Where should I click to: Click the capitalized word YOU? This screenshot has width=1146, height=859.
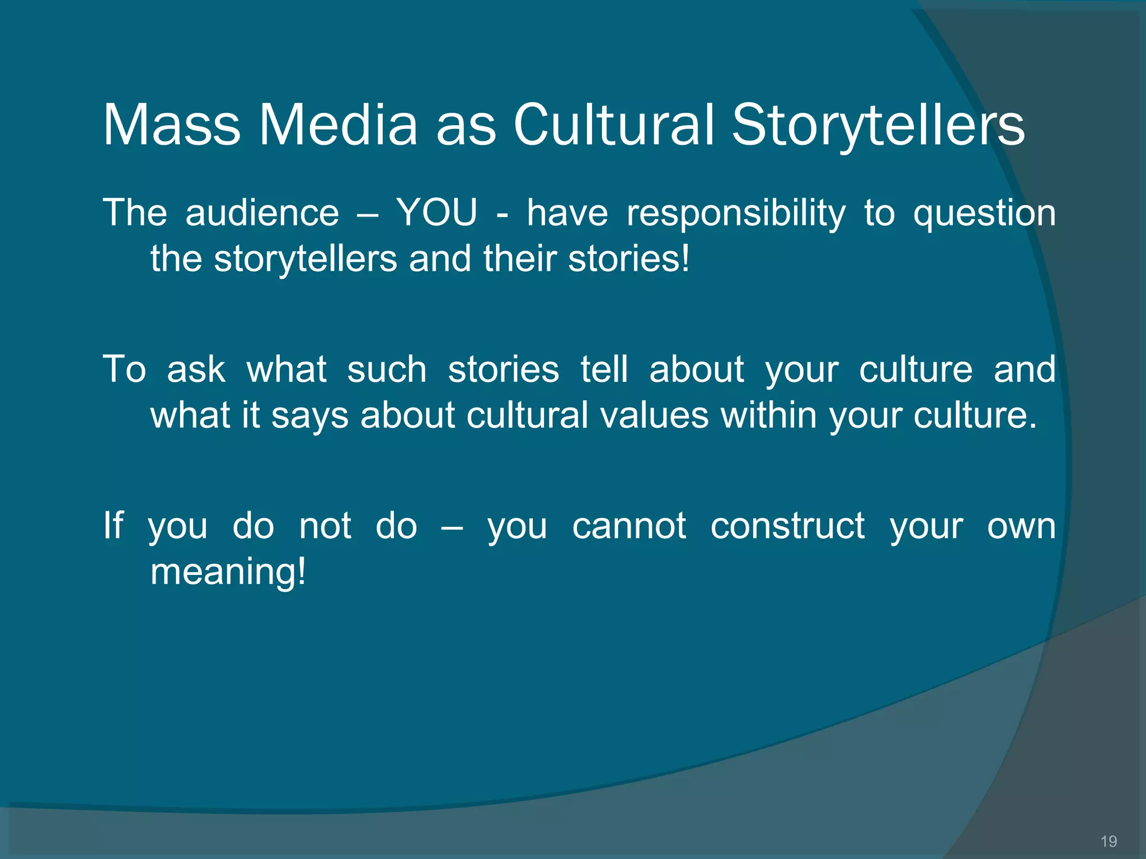[437, 213]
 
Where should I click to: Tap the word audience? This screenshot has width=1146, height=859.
[262, 213]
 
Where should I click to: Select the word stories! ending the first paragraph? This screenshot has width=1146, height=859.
[629, 259]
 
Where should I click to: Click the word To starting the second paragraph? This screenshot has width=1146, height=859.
[124, 370]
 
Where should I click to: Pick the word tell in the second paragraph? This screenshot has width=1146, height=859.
[604, 370]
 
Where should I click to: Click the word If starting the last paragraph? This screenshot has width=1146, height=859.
[113, 526]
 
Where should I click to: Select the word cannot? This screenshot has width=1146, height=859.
[628, 526]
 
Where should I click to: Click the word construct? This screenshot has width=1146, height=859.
[787, 526]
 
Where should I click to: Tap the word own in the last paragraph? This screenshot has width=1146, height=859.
[1021, 526]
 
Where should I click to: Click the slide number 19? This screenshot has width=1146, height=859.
[1109, 841]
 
